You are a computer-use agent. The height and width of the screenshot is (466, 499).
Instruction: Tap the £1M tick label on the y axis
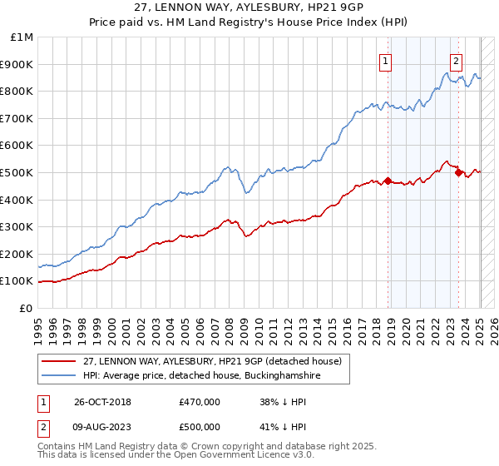coord(22,37)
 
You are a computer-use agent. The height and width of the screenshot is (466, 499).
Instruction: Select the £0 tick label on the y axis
coord(27,308)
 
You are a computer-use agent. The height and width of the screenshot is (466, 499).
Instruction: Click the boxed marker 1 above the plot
coord(387,60)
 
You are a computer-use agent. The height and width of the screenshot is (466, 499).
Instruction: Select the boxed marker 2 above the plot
coord(457,60)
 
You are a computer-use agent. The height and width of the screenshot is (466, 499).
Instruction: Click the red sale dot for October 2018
coord(388,181)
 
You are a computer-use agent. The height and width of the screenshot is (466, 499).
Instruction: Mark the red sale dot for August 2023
coord(458,172)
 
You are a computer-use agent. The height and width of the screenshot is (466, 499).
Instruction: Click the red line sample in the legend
coord(60,361)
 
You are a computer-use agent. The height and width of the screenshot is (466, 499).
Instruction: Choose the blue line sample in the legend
coord(60,376)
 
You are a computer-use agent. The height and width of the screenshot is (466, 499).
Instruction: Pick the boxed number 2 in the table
coord(42,426)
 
